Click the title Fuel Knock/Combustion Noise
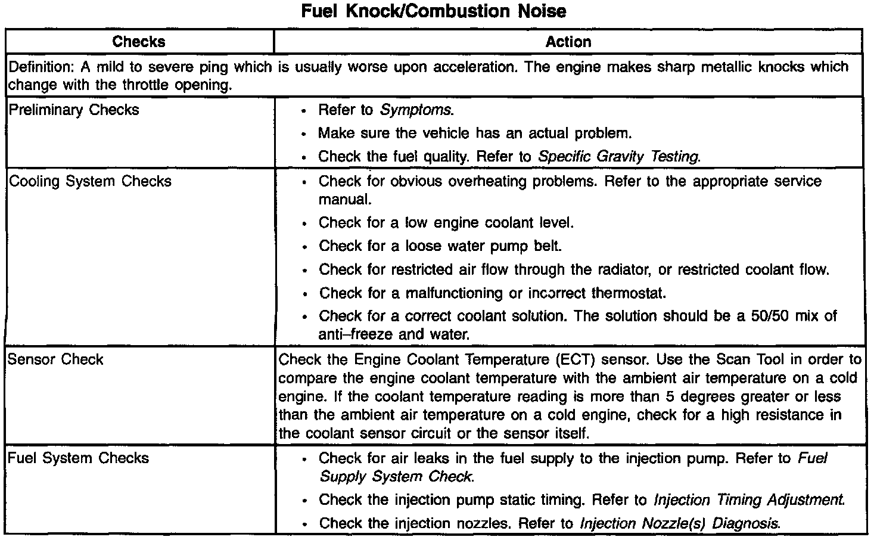[434, 11]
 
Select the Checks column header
[139, 42]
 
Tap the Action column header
[568, 42]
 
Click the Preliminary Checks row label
[74, 110]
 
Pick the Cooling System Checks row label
[90, 181]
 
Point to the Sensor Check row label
[55, 359]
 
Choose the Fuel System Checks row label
[78, 458]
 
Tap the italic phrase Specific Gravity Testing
[619, 157]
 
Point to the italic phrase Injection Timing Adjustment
[749, 499]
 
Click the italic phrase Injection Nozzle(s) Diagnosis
[680, 523]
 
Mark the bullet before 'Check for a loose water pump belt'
[304, 247]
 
